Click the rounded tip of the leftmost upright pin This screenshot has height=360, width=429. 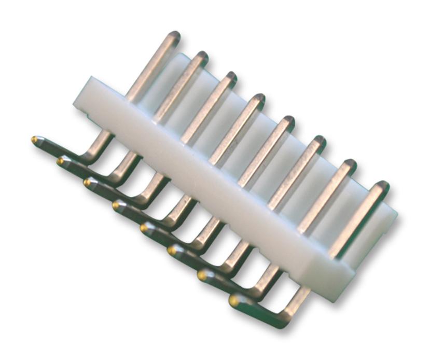click(x=173, y=37)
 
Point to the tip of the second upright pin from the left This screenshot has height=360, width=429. click(x=201, y=57)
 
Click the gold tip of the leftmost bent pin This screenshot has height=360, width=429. click(x=35, y=140)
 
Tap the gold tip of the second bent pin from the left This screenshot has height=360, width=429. click(x=61, y=161)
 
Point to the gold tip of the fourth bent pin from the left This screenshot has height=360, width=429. click(x=116, y=205)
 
